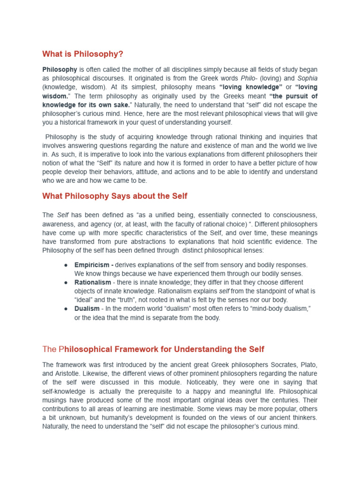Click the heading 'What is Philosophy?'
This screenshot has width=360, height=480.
(x=82, y=54)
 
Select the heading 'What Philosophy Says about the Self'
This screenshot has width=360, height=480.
(x=115, y=196)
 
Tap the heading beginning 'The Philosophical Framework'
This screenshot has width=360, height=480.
(x=153, y=349)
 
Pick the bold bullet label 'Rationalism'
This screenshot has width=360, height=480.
(x=93, y=282)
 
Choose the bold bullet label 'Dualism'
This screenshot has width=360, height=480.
(x=87, y=308)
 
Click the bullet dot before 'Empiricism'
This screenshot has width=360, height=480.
(x=66, y=265)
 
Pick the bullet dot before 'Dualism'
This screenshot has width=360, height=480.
(x=66, y=308)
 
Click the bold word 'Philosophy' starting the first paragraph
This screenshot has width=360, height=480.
(x=60, y=69)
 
